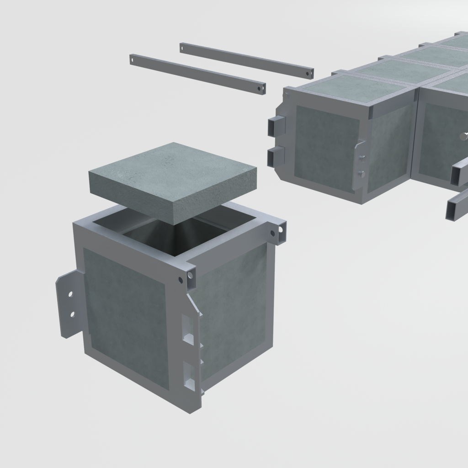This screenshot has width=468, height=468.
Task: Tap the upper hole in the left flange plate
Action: [70, 294]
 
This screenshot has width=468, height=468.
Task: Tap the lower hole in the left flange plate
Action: [72, 314]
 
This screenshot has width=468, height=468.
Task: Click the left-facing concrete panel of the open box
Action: [126, 315]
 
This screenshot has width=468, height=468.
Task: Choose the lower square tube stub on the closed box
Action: [275, 157]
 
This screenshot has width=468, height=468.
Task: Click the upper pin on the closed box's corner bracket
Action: [362, 158]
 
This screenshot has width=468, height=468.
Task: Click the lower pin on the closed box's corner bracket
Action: [362, 174]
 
